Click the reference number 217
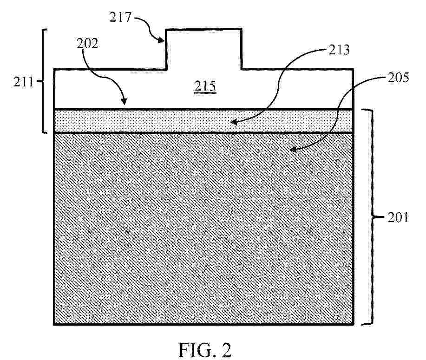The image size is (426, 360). (120, 17)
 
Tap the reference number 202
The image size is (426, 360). (87, 44)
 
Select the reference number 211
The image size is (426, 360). (23, 82)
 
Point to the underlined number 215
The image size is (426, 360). (205, 86)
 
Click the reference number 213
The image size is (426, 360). (339, 50)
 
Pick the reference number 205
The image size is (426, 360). (398, 78)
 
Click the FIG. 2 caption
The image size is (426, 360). (205, 350)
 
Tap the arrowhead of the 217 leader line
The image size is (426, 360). (161, 40)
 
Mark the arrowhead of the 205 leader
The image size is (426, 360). (293, 149)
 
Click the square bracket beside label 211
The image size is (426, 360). (44, 81)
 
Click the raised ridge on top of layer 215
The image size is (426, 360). (203, 48)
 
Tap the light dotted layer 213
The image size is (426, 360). (204, 121)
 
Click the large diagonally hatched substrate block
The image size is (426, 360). (204, 228)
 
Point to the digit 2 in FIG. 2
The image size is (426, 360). (225, 350)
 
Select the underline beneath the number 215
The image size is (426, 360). (205, 93)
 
